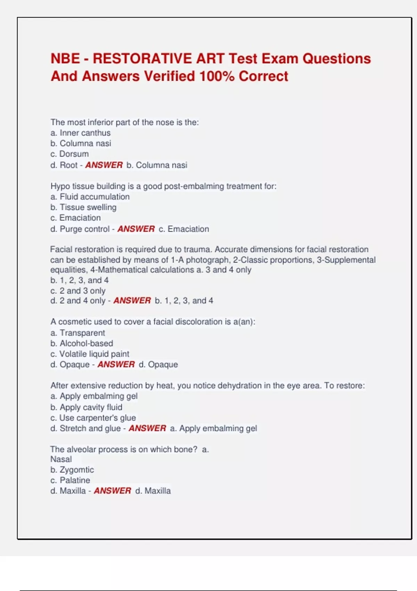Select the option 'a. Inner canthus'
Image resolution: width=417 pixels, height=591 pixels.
pos(80,133)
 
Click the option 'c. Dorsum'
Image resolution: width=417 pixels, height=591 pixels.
pos(69,154)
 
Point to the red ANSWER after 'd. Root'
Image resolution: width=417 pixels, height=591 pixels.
pos(104,165)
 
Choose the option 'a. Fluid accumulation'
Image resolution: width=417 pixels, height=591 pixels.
pos(90,196)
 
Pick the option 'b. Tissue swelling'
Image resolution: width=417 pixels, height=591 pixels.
pos(83,207)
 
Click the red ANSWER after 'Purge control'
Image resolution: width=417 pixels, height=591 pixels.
pos(136,229)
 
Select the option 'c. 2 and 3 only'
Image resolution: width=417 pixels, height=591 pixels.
pos(78,291)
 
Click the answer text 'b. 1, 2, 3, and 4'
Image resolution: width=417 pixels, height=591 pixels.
pos(184,300)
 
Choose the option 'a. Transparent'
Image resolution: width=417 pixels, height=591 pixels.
pos(77,333)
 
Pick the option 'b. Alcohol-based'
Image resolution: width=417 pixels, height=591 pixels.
pos(82,343)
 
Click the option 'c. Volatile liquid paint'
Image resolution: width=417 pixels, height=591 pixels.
pos(90,354)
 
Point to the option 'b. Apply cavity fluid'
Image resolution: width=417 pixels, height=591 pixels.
pos(86,407)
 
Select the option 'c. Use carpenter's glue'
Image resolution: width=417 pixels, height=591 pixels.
pos(93,418)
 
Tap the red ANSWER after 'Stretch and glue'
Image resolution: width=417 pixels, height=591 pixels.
pos(147,428)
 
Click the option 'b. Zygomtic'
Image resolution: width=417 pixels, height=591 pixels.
pos(72,470)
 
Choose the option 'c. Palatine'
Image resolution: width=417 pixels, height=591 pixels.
pos(70,480)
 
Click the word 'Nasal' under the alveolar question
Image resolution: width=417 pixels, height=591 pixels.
pos(61,459)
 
